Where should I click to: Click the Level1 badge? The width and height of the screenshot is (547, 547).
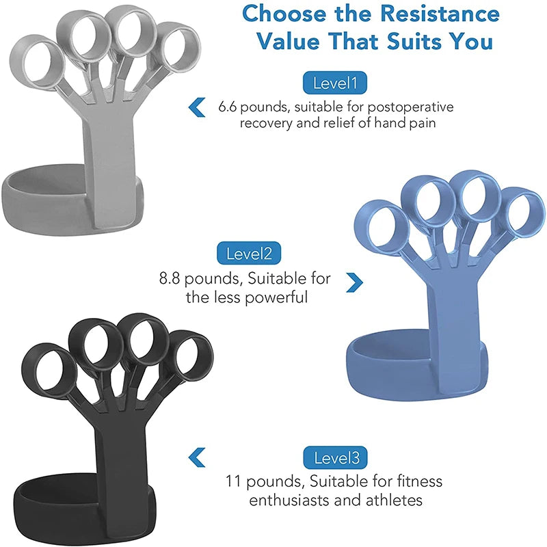coord(335,83)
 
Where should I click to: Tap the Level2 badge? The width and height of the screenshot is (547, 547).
coord(249,254)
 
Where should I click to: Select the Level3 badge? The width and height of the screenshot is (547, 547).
coord(335,457)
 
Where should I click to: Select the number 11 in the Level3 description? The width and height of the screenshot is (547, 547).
coord(236,481)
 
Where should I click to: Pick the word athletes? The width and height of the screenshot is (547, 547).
coord(393,500)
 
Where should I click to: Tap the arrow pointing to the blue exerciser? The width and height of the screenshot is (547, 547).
coord(354,281)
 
